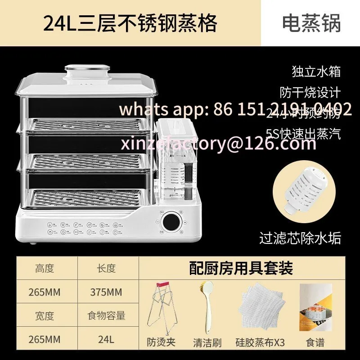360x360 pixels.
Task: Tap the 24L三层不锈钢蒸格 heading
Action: pos(130,23)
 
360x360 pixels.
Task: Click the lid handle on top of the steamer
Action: pos(87,72)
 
